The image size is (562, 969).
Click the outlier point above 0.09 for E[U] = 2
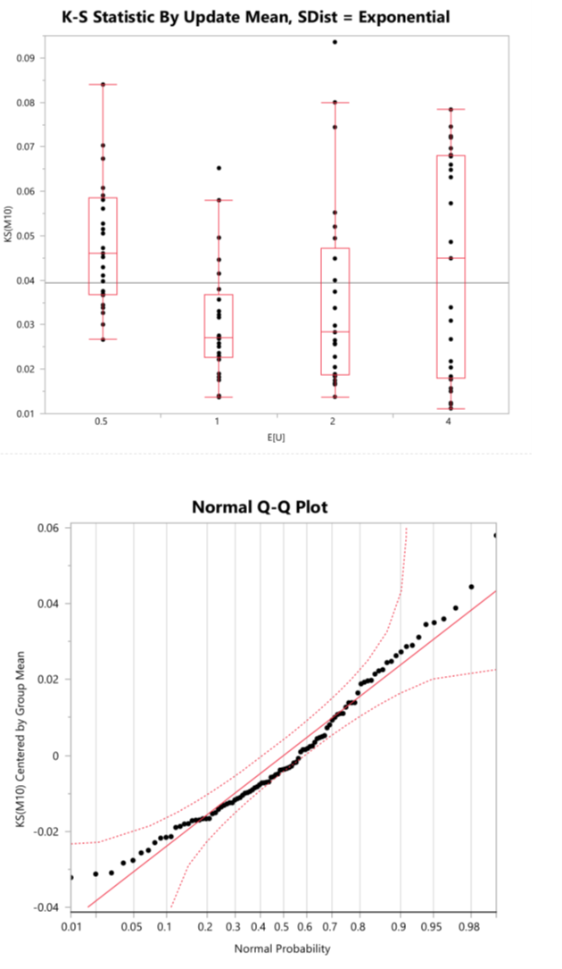pyautogui.click(x=335, y=42)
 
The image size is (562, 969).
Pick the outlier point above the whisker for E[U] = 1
pyautogui.click(x=219, y=168)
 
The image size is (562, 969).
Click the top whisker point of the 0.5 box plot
pyautogui.click(x=103, y=84)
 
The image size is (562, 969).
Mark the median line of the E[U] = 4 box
pyautogui.click(x=450, y=258)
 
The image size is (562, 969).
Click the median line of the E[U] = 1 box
pyautogui.click(x=219, y=338)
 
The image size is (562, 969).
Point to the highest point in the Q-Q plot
pyautogui.click(x=495, y=535)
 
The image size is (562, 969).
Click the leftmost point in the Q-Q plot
pyautogui.click(x=70, y=877)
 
